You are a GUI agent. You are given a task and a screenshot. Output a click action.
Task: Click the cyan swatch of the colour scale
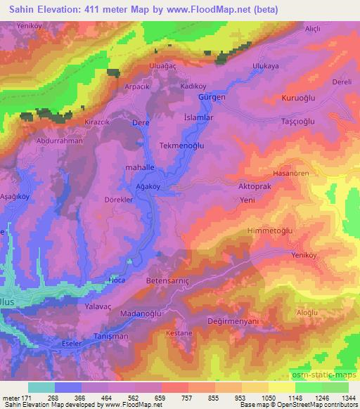[41, 387]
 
